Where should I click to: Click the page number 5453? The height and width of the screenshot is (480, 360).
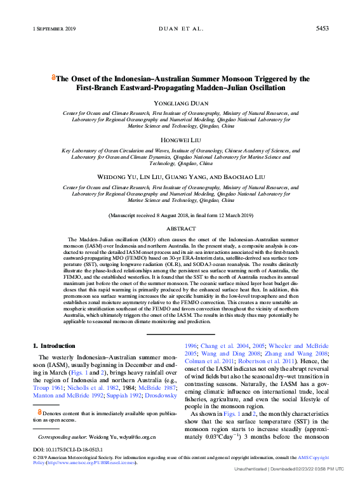tap(322, 29)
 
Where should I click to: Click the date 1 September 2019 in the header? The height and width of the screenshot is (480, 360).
tap(54, 29)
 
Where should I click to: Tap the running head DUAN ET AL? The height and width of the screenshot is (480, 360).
tap(180, 29)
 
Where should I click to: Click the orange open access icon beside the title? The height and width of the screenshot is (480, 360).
tap(53, 79)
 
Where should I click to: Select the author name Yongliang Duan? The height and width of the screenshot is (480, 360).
tap(180, 103)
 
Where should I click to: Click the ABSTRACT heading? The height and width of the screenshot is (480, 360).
tap(180, 228)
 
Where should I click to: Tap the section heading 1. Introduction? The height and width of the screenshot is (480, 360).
tap(54, 346)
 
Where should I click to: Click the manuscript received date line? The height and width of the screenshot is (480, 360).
tap(180, 216)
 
